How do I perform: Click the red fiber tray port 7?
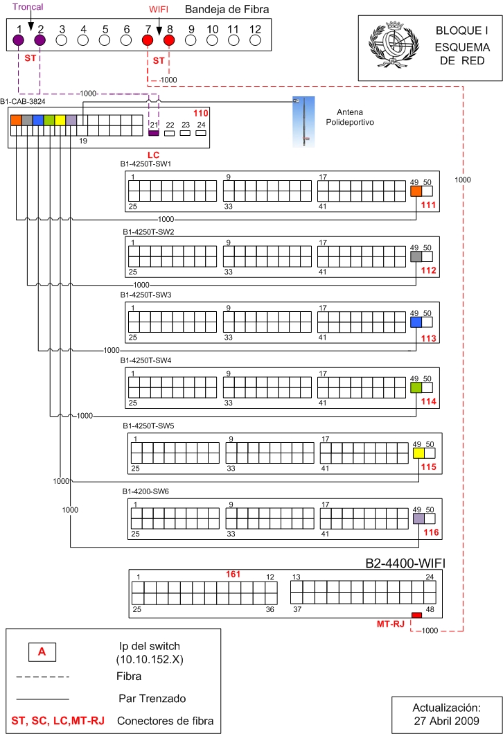point(148,40)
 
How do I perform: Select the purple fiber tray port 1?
point(18,40)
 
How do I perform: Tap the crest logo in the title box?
point(393,45)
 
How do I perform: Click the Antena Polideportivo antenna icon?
point(303,122)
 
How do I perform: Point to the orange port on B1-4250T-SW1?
point(416,191)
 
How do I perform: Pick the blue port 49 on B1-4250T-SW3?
point(416,322)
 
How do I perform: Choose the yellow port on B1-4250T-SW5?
point(418,453)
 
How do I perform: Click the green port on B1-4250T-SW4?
point(416,387)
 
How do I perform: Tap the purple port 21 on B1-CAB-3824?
point(154,133)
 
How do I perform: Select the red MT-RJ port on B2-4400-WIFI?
point(416,615)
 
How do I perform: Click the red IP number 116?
point(431,532)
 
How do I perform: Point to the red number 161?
point(233,575)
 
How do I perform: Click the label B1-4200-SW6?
point(145,491)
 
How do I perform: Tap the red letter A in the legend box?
point(42,652)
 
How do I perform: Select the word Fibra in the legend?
point(129,676)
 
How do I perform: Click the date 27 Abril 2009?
point(446,721)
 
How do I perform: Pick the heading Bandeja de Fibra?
point(227,10)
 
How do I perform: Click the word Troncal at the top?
point(28,7)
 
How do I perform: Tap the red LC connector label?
point(154,155)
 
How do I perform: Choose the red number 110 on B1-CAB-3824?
point(201,113)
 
